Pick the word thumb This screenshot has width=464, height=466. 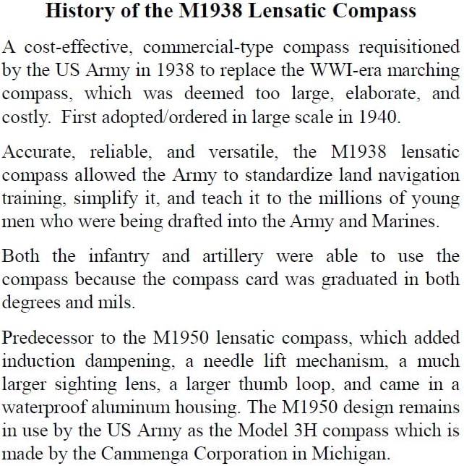[x=288, y=384]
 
